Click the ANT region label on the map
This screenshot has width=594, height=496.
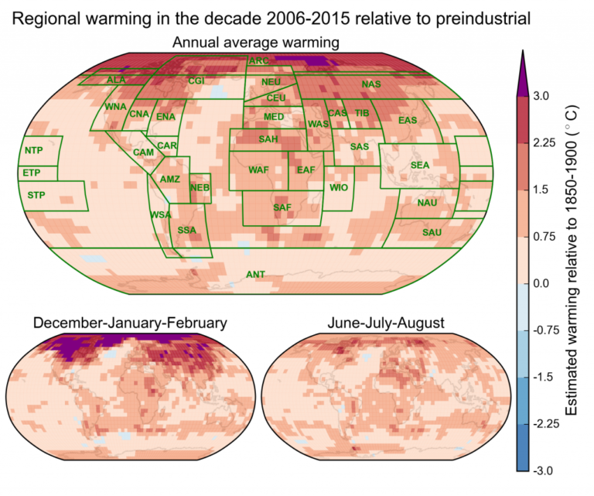pyautogui.click(x=255, y=275)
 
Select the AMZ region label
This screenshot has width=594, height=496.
pyautogui.click(x=169, y=180)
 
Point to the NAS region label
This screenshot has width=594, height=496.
pyautogui.click(x=372, y=84)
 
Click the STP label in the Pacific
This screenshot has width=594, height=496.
pyautogui.click(x=36, y=194)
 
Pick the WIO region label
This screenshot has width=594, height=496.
pyautogui.click(x=339, y=187)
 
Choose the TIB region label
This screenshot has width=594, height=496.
pyautogui.click(x=361, y=113)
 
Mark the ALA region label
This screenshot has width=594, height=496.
pyautogui.click(x=116, y=80)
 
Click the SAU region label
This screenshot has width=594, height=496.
pyautogui.click(x=432, y=232)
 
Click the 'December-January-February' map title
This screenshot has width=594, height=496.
pyautogui.click(x=128, y=322)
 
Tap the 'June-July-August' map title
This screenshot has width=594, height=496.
pyautogui.click(x=385, y=322)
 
